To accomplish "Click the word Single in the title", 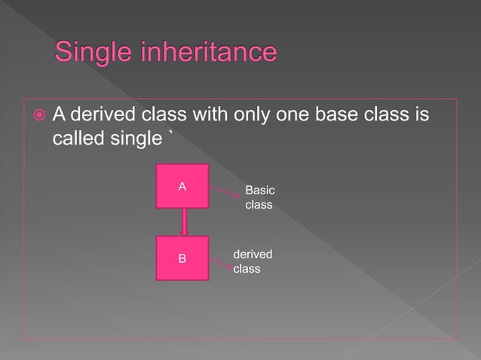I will pyautogui.click(x=93, y=53).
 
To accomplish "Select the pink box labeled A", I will pyautogui.click(x=182, y=185).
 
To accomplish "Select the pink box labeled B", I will pyautogui.click(x=182, y=258).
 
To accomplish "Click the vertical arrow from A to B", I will pyautogui.click(x=183, y=222).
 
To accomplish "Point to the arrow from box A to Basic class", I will pyautogui.click(x=224, y=194).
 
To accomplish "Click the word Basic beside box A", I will pyautogui.click(x=259, y=191).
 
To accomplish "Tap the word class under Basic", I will pyautogui.click(x=259, y=205).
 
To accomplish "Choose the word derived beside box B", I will pyautogui.click(x=253, y=255).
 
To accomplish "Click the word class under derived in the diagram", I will pyautogui.click(x=247, y=269).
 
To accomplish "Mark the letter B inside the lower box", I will pyautogui.click(x=182, y=259).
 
